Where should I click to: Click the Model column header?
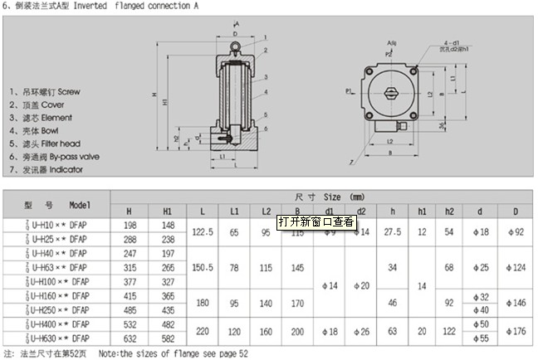(x=81, y=204)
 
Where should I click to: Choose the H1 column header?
(x=168, y=211)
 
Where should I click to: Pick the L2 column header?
(x=266, y=211)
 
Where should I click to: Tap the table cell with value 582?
(x=168, y=338)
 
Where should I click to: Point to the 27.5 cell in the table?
(x=392, y=231)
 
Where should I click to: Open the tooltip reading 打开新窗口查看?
(x=316, y=221)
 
